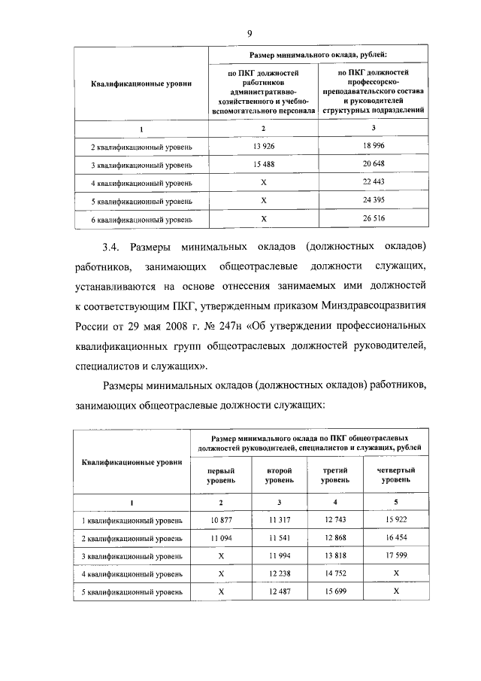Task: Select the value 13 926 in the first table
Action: click(x=263, y=145)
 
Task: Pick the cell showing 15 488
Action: click(x=263, y=163)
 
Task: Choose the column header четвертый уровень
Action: click(x=395, y=473)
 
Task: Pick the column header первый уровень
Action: click(x=221, y=473)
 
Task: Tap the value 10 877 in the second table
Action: click(x=221, y=520)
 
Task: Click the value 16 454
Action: click(x=395, y=539)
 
